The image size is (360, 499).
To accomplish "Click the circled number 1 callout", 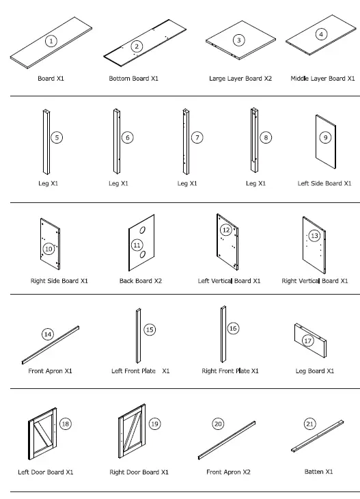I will pos(51,41).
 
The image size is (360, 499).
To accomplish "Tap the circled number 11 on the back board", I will pos(137,244).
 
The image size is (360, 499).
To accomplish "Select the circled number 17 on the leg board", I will pos(308,340).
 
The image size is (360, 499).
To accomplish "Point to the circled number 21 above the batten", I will pos(311,424).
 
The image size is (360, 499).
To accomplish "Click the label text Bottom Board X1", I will pos(134,79).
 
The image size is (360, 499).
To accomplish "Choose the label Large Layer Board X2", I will pos(240,79).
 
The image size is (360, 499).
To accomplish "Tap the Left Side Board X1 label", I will pos(324,183).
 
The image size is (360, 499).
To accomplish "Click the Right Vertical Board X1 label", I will pos(315,281).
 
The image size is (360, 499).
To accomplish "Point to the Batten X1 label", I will pos(318,471).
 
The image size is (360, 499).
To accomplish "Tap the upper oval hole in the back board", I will pos(144,228).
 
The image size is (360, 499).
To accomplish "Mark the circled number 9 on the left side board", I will pos(326,137).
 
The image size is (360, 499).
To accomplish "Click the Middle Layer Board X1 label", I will pos(322,79).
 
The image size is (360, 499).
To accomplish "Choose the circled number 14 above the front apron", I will pos(47,334).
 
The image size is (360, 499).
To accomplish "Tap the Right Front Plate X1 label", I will pos(230,371).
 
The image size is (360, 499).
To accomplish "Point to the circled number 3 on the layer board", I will pos(238,40).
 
